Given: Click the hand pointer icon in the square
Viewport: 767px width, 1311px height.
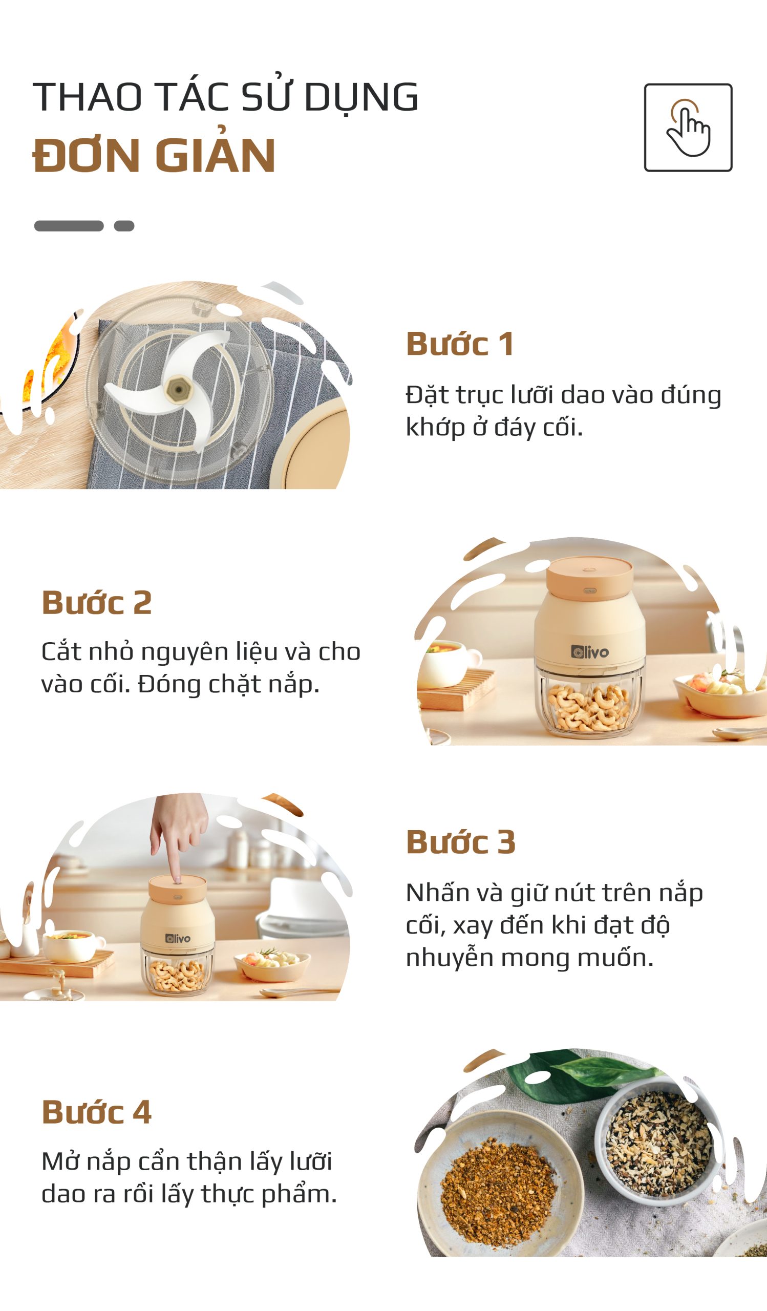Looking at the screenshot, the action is (689, 129).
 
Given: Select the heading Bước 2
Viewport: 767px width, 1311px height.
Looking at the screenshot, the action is (97, 602).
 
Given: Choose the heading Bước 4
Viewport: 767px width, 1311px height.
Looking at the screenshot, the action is (97, 1112).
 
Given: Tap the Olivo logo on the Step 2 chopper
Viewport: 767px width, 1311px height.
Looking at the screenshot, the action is (590, 652).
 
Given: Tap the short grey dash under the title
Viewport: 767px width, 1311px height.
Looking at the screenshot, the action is (124, 226).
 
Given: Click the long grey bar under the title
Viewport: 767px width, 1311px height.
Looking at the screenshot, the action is (69, 226).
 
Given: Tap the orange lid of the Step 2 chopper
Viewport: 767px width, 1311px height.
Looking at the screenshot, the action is (590, 578).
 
